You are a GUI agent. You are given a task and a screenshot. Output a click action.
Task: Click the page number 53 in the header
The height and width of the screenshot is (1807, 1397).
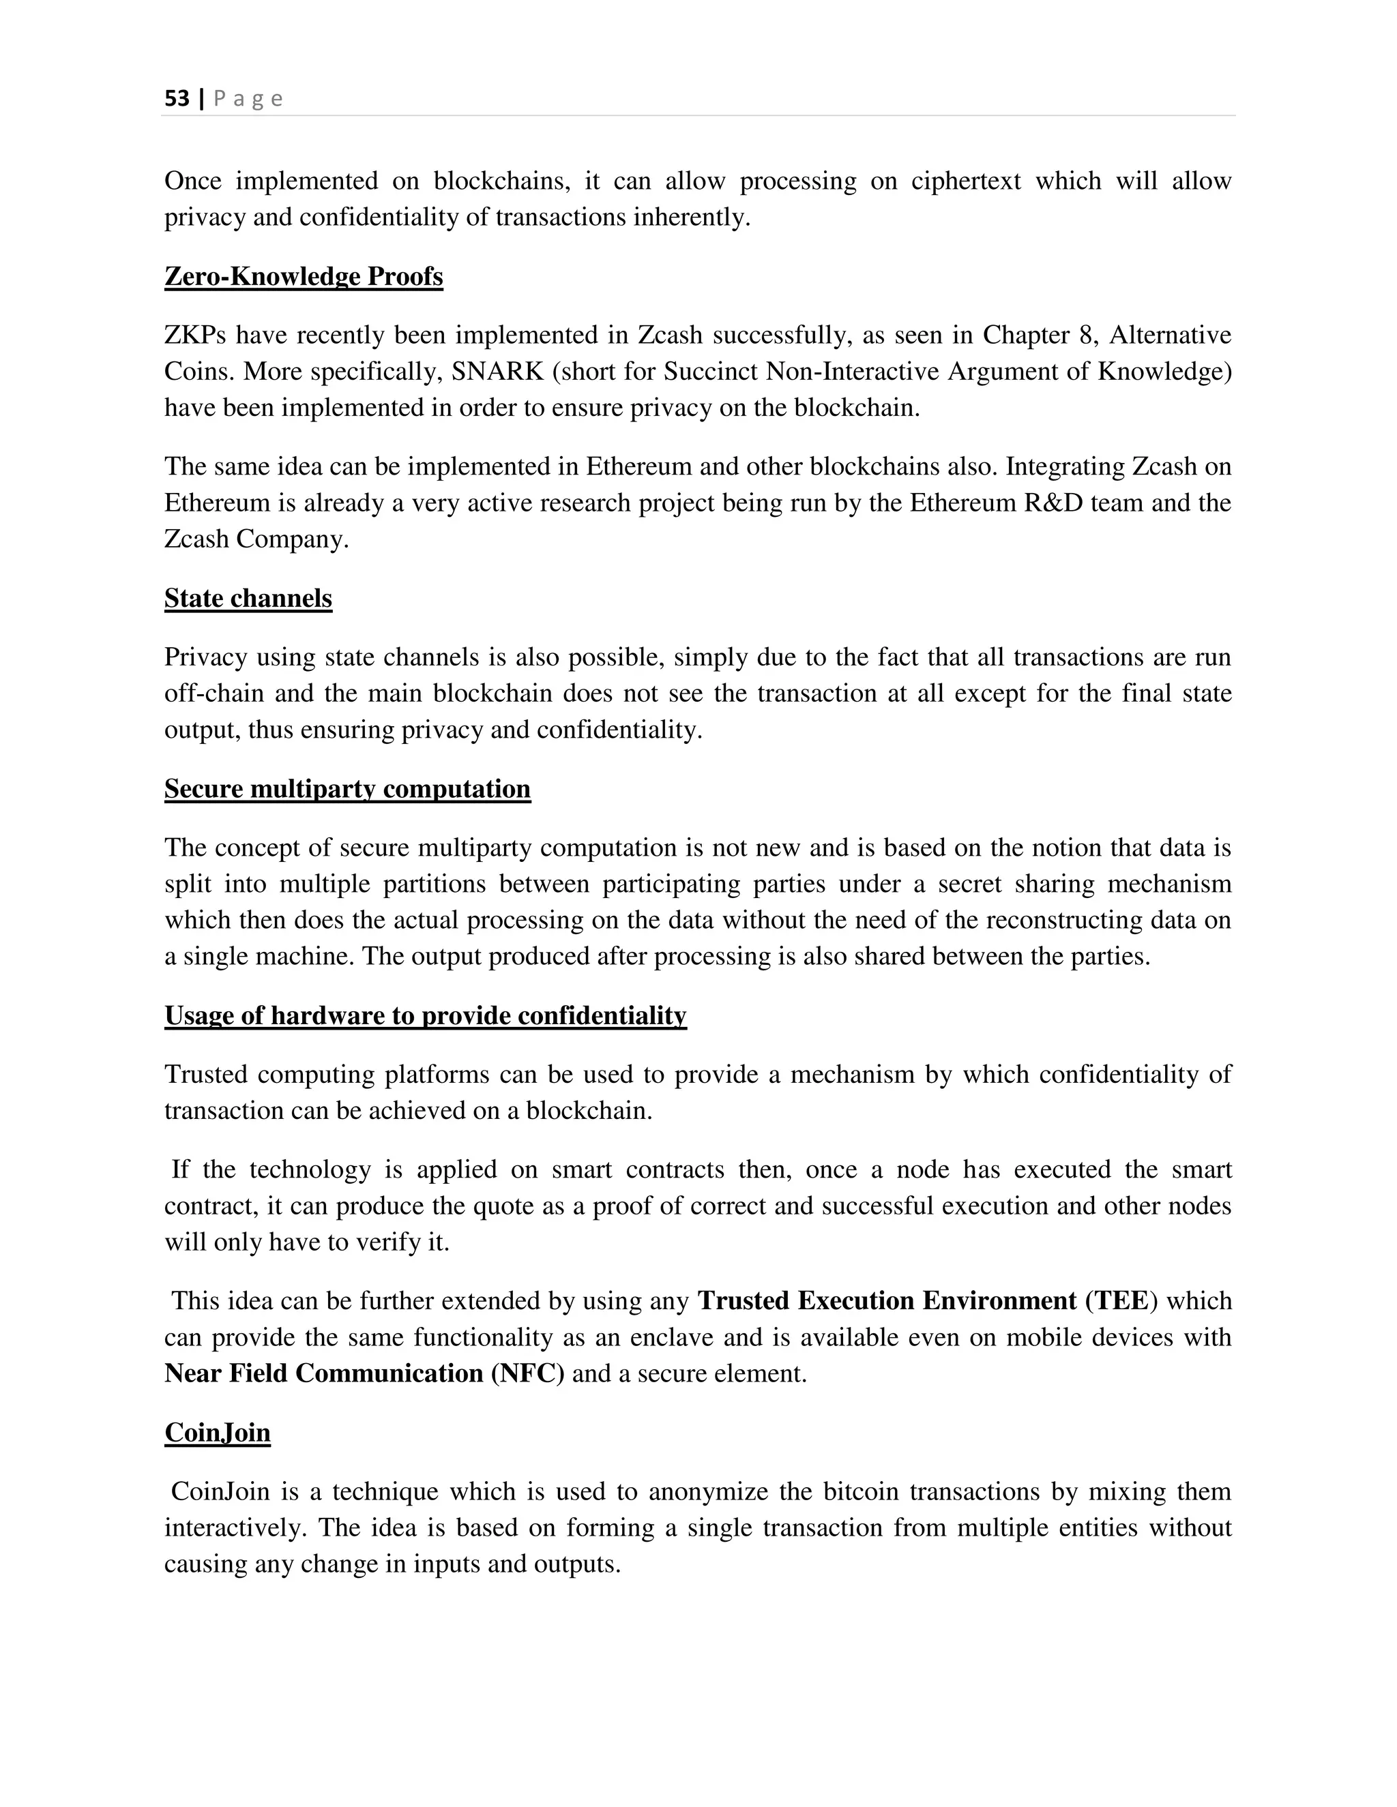176,98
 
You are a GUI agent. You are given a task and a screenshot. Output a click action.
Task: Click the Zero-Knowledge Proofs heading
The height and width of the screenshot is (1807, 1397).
304,276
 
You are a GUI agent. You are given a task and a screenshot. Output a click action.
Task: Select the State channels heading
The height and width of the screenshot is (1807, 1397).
248,598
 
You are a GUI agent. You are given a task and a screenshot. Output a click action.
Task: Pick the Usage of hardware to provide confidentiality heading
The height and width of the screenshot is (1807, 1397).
426,1015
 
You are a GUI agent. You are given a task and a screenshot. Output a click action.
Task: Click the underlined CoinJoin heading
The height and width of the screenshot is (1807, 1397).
217,1432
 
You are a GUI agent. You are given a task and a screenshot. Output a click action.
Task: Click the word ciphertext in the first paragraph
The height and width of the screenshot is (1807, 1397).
966,181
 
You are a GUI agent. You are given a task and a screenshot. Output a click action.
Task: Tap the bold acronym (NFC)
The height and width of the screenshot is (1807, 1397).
527,1373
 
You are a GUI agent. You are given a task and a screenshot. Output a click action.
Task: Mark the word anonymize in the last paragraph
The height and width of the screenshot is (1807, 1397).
709,1492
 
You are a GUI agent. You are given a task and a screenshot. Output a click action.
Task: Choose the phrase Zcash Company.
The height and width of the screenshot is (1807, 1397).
256,539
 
